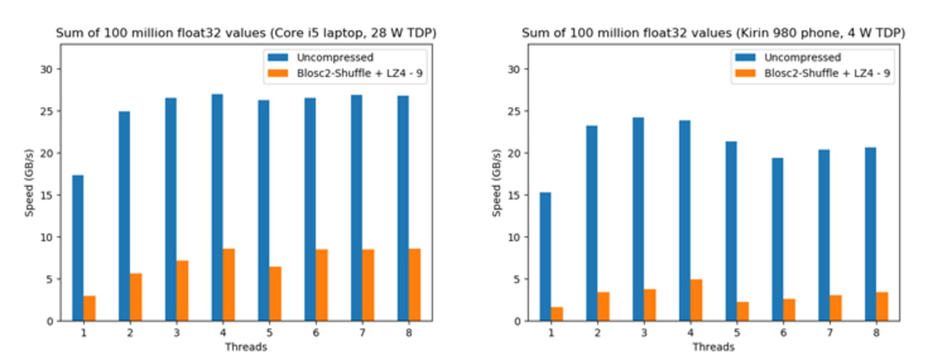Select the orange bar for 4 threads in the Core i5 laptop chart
(x=229, y=285)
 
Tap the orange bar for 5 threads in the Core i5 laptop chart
(x=275, y=294)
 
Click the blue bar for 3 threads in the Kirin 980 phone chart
(x=638, y=219)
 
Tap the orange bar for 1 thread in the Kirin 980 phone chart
(x=557, y=314)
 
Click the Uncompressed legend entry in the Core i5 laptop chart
(x=334, y=58)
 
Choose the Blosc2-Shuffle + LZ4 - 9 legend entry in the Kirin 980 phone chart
(x=827, y=73)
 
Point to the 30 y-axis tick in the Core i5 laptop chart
(x=46, y=70)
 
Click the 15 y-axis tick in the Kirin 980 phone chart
(x=513, y=195)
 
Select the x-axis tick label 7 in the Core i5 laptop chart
(x=362, y=333)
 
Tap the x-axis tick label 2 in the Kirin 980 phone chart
(x=597, y=333)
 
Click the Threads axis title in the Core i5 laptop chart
(x=246, y=347)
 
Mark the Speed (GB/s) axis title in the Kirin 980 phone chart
(x=496, y=182)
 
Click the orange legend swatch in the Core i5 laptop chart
(x=278, y=73)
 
